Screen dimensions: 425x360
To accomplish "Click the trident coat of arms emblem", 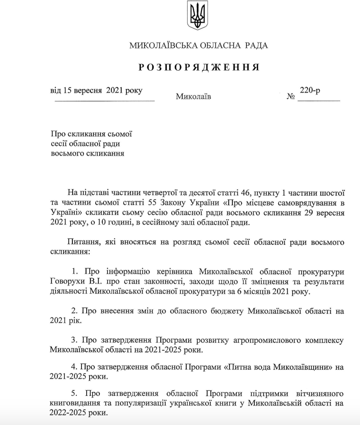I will click(x=197, y=15).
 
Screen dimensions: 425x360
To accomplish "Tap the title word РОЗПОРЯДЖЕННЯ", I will click(x=199, y=68).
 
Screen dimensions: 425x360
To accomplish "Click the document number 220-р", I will click(x=310, y=90).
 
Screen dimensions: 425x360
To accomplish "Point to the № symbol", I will click(x=291, y=97).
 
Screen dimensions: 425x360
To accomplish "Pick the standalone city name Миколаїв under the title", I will click(x=193, y=97).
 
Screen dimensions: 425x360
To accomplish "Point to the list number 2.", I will click(x=74, y=311).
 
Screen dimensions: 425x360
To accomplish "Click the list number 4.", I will click(x=74, y=367).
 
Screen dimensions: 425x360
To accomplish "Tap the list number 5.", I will click(x=74, y=394).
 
